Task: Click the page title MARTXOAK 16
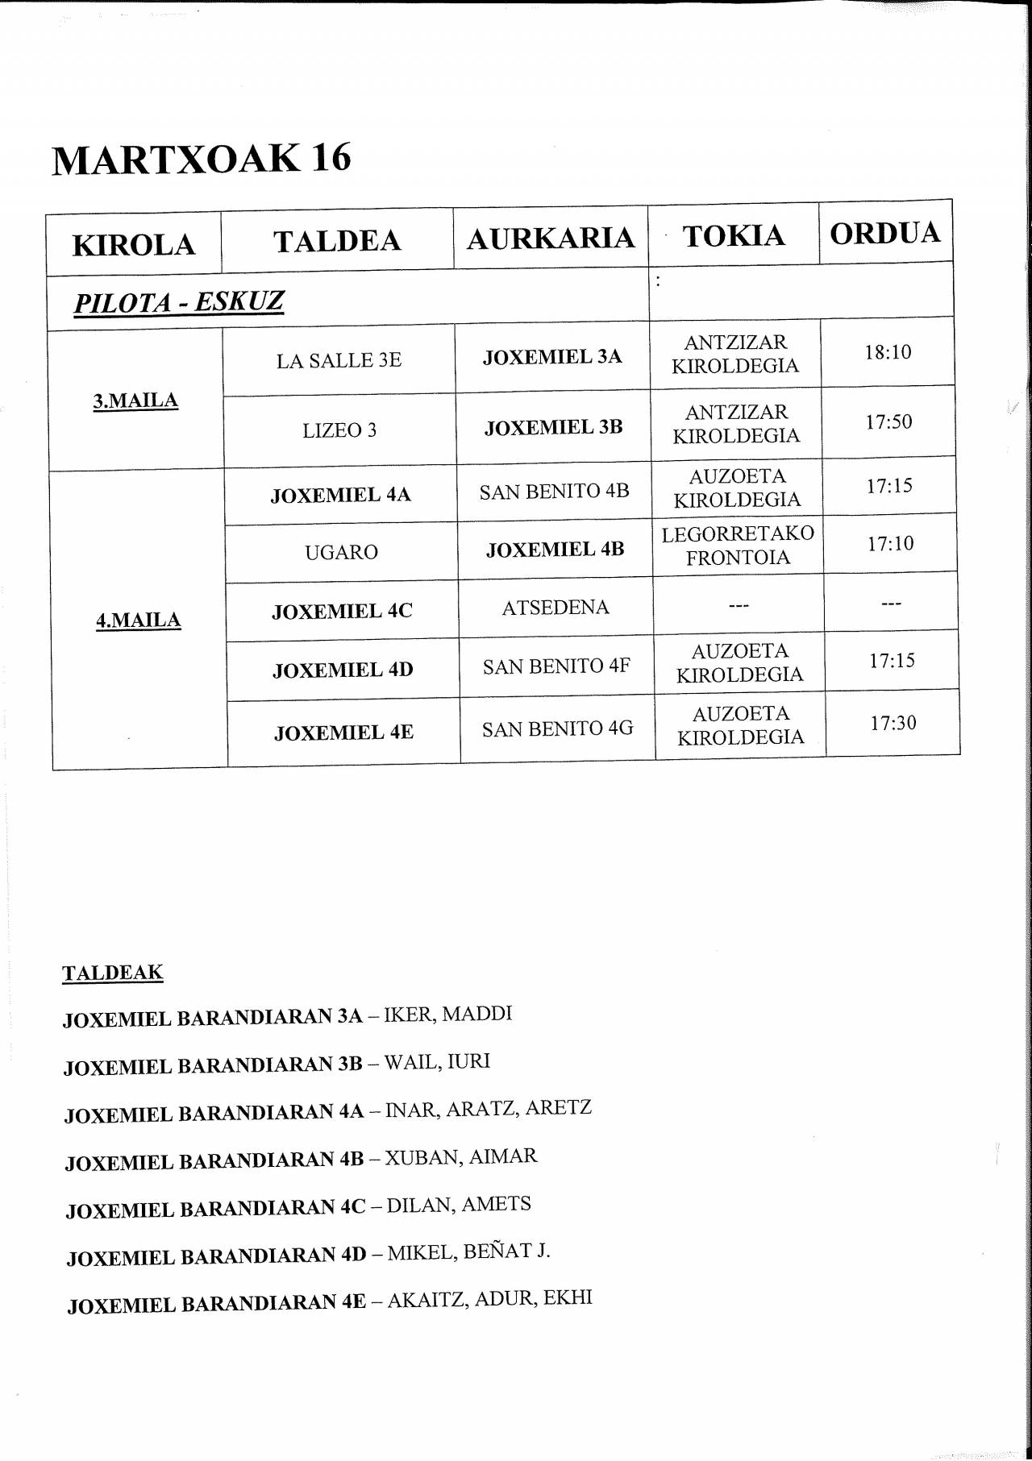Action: tap(202, 158)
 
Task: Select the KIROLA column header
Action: tap(134, 245)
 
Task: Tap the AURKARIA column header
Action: tap(551, 239)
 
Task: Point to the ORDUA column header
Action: tap(885, 233)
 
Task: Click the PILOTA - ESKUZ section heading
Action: tap(179, 302)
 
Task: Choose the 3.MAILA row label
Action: tap(135, 401)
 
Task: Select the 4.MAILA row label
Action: tap(138, 620)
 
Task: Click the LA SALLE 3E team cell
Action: tap(339, 360)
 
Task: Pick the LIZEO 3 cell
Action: tap(339, 430)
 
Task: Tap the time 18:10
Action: tap(888, 352)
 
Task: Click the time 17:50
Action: tap(888, 421)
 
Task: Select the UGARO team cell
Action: tap(341, 552)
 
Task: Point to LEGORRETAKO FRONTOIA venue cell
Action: tap(738, 546)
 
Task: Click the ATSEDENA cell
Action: tap(556, 608)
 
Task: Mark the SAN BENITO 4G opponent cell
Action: tap(557, 728)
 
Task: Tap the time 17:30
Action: tap(893, 723)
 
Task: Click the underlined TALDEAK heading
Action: tap(112, 973)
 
